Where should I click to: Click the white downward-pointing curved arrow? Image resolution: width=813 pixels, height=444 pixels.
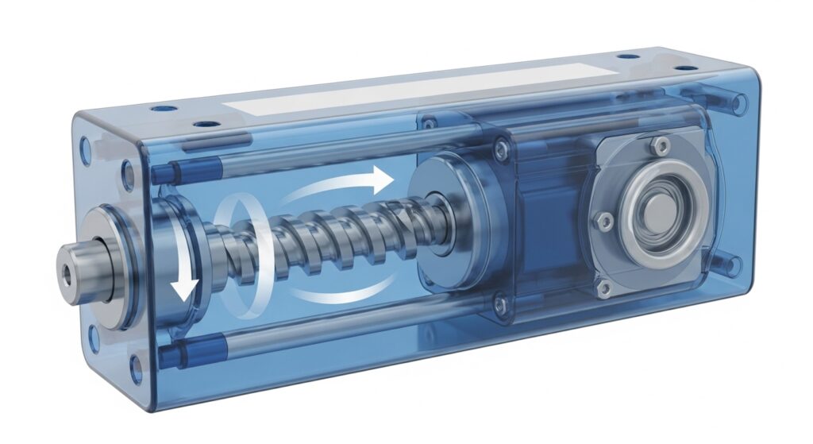coord(184,280)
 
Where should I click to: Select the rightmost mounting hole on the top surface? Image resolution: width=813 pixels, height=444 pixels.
coord(684,68)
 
